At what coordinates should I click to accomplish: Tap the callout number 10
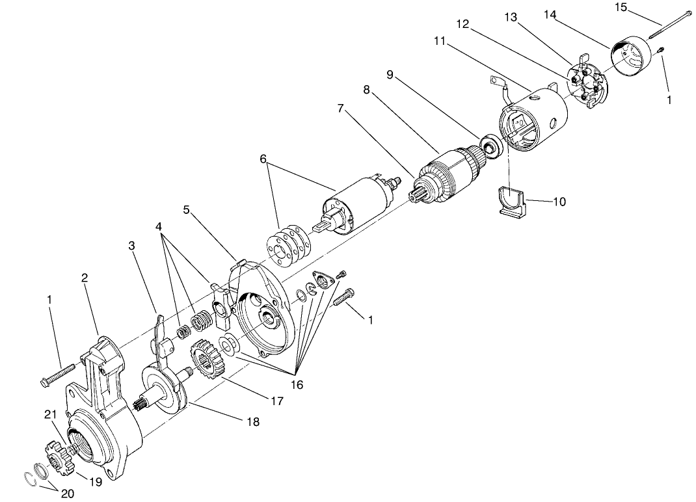point(559,202)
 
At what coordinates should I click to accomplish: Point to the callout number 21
point(51,414)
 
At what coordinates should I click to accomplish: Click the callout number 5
point(186,210)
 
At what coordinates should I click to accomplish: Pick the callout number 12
point(462,24)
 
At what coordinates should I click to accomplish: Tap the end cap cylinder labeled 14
point(632,58)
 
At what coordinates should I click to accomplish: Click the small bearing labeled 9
point(488,145)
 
